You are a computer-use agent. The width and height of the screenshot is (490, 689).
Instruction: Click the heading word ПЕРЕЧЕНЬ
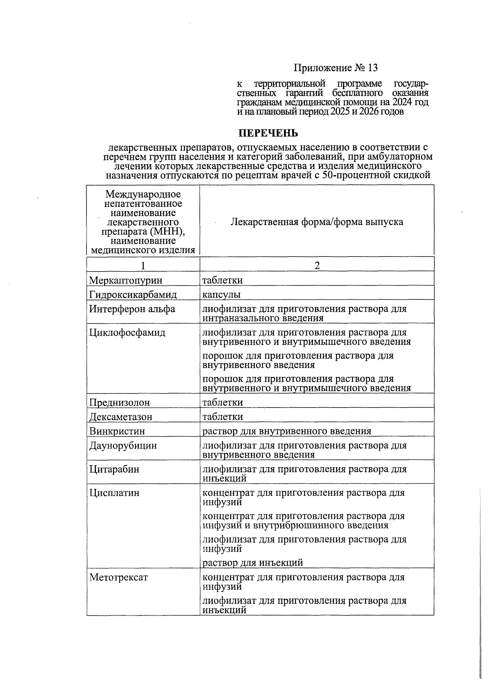pos(268,134)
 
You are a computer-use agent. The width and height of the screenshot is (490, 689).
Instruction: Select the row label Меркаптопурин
pos(126,281)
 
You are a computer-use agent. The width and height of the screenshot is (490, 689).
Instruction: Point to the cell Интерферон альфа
pos(132,309)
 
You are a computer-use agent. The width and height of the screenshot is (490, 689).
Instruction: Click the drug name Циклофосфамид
pos(127,333)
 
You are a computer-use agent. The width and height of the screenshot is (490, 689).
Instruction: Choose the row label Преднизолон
pos(120,403)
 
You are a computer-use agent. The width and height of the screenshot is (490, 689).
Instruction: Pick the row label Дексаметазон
pos(121,417)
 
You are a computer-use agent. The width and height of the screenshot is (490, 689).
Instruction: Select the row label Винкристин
pos(117,431)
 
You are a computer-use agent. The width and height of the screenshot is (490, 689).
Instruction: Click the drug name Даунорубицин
pos(123,446)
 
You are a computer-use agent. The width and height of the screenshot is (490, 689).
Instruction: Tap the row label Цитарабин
pos(114,469)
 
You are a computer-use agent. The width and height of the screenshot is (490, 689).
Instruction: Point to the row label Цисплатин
pos(114,493)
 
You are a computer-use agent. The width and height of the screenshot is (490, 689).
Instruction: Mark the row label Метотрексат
pos(118,578)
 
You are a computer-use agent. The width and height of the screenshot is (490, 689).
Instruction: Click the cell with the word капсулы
pos(222,295)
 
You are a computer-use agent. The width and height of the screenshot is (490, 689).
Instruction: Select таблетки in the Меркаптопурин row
pos(223,281)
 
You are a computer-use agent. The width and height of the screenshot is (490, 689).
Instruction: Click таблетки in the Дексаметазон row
pos(223,417)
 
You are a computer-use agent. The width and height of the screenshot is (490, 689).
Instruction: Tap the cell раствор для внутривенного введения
pos(287,431)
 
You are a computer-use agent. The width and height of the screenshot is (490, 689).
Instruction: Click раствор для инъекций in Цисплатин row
pos(253,563)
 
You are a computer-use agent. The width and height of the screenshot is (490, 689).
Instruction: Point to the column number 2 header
pos(317,266)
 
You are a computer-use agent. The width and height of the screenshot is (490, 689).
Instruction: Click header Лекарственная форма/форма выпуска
pos(317,222)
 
